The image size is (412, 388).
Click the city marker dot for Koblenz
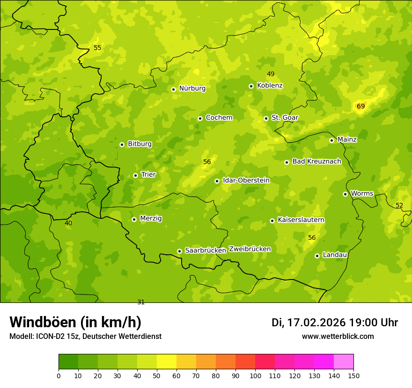coord(251,86)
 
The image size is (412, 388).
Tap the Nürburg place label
coord(192,88)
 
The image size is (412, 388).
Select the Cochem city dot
coord(200,118)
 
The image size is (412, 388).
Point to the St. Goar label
coord(285,118)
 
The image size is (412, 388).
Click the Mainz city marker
coord(331,140)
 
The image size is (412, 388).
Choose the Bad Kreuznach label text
coord(316,162)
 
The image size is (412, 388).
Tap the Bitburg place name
coord(140,144)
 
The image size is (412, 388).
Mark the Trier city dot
coord(135,175)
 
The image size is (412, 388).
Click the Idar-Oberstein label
coord(246,180)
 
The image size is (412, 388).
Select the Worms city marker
coord(345,194)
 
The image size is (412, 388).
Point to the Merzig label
coord(151,218)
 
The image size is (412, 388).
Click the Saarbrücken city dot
coord(179,251)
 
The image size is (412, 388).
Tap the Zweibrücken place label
coord(250,249)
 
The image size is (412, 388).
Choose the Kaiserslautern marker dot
coord(272,221)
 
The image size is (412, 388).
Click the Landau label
coord(335,255)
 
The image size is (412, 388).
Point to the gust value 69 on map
coord(360,107)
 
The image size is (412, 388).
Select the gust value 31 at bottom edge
coord(141,302)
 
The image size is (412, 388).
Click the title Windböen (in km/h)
coord(75,322)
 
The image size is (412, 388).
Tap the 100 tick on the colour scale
coord(255,375)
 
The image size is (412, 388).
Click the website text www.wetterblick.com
coord(338,337)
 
